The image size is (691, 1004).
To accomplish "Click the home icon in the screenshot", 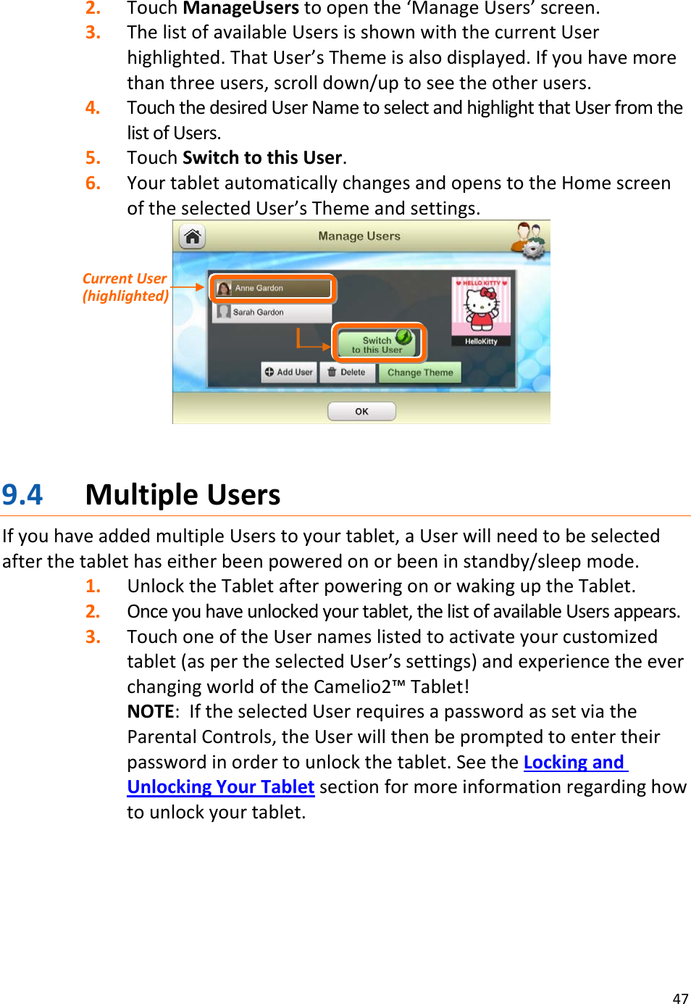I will [x=193, y=237].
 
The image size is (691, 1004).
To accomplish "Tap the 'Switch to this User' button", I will [x=377, y=344].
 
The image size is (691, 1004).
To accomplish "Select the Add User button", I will [x=289, y=372].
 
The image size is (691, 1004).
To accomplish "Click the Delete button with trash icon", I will [x=347, y=372].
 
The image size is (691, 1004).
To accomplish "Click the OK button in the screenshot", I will [x=361, y=411].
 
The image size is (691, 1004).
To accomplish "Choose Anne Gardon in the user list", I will [x=272, y=288].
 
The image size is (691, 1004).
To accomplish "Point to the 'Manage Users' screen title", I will [x=359, y=236].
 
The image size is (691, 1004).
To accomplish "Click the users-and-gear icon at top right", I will [x=529, y=239].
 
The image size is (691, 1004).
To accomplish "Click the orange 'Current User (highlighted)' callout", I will [x=125, y=287].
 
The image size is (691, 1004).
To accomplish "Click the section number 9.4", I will [x=22, y=495].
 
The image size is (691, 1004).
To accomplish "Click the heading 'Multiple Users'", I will [x=183, y=495].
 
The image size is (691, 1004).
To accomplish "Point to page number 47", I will [x=680, y=998].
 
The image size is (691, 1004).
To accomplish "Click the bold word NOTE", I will [x=151, y=712].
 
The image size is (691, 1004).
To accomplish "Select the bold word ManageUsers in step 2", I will [x=240, y=9].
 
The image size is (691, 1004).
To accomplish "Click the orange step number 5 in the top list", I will [x=93, y=158].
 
